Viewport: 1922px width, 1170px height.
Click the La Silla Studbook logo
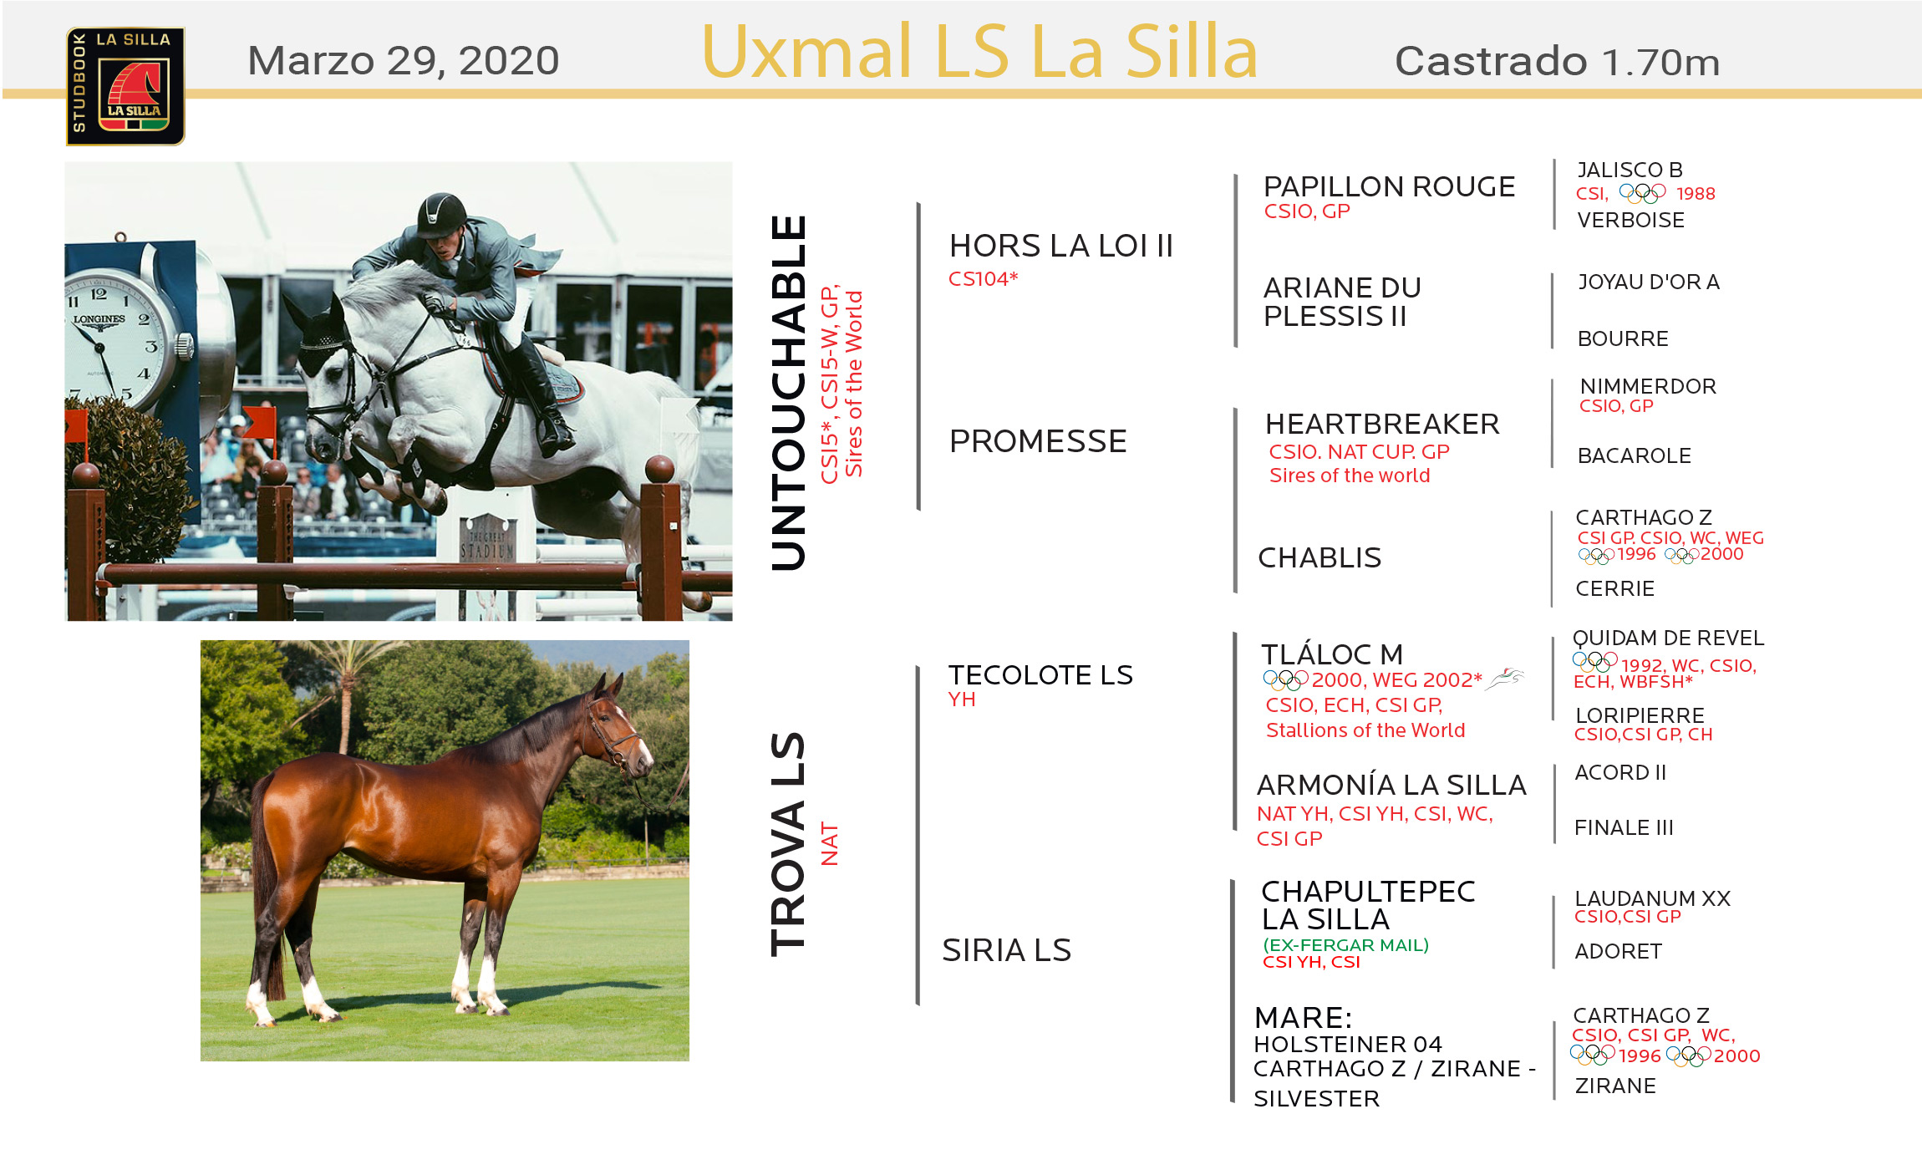(125, 86)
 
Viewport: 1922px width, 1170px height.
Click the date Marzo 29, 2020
(404, 61)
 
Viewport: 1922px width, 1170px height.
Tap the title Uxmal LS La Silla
(979, 52)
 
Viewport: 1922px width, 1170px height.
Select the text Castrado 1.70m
(1557, 62)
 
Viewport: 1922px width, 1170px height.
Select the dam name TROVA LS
(788, 844)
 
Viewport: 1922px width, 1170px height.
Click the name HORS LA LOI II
(1061, 246)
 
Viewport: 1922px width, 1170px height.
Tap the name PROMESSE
(1038, 441)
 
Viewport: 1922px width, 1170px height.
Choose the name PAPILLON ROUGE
(1389, 186)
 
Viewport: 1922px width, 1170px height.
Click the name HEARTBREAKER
(1382, 424)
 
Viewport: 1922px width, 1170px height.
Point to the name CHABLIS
(1319, 557)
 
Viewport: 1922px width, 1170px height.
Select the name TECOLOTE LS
(1040, 674)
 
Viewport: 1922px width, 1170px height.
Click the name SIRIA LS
(1006, 950)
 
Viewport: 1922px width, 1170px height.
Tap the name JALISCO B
(1630, 170)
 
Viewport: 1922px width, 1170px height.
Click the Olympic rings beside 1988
(1642, 194)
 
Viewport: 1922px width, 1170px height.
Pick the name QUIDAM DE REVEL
(1668, 638)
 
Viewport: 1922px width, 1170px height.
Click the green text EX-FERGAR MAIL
(1345, 944)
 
